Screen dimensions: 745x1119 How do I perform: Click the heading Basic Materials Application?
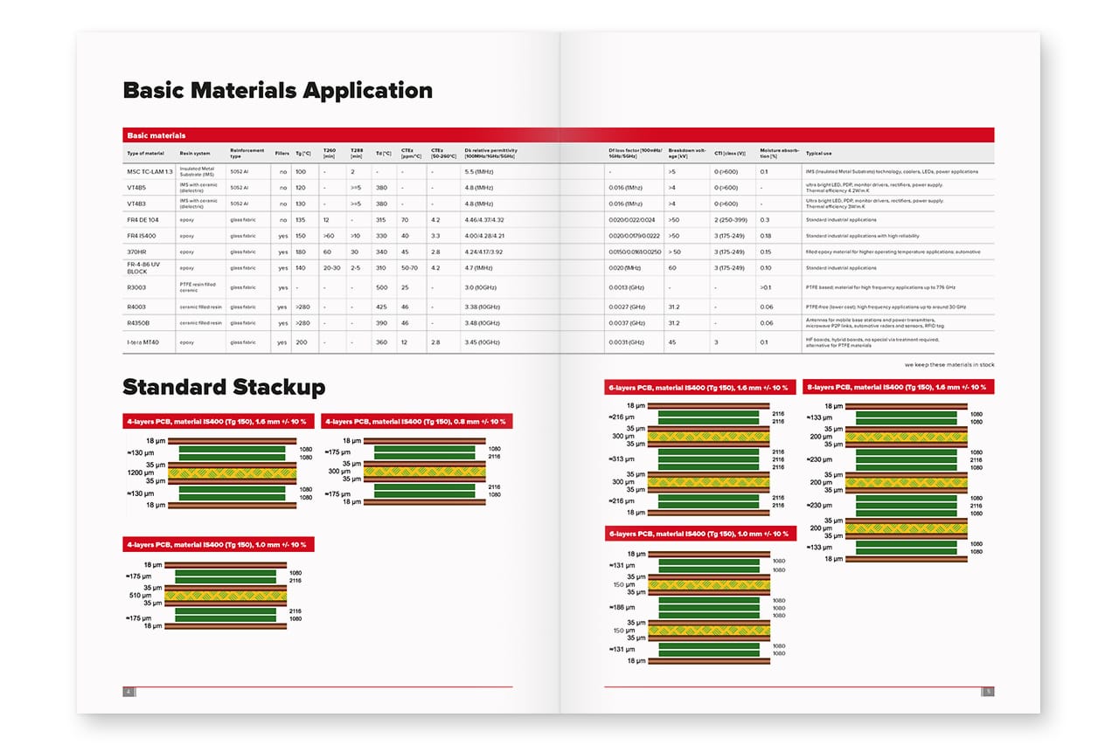(x=277, y=90)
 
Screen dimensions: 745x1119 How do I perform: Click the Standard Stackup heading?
(x=224, y=387)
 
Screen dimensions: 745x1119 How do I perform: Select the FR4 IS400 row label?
(x=142, y=236)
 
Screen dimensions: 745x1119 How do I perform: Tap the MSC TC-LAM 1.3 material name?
(x=149, y=171)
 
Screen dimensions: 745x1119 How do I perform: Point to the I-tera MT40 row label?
(x=144, y=342)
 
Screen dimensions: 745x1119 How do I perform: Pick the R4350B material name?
(x=138, y=323)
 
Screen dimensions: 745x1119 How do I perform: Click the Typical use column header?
(x=819, y=153)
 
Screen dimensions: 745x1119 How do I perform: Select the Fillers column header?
(x=281, y=153)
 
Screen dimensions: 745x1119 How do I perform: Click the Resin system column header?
(x=195, y=153)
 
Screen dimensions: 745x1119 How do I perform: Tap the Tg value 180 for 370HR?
(x=301, y=252)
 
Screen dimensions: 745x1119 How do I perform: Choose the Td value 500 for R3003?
(x=381, y=287)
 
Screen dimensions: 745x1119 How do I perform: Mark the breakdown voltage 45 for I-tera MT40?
(x=672, y=342)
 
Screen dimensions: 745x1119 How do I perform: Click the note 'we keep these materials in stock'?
(x=949, y=364)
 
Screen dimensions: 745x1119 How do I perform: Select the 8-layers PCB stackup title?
(x=898, y=387)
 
